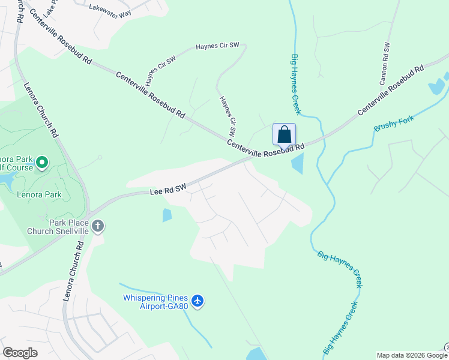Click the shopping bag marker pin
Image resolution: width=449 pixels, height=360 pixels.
click(284, 134)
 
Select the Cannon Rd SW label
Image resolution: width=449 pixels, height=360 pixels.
click(385, 62)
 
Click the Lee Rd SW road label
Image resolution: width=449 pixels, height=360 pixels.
click(167, 190)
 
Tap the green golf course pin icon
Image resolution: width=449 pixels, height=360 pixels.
click(42, 162)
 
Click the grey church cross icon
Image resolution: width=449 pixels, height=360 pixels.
click(98, 226)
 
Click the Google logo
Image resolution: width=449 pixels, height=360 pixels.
click(20, 353)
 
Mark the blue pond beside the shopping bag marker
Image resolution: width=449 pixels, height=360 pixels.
click(297, 163)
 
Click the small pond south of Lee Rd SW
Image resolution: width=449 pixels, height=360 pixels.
click(167, 215)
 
